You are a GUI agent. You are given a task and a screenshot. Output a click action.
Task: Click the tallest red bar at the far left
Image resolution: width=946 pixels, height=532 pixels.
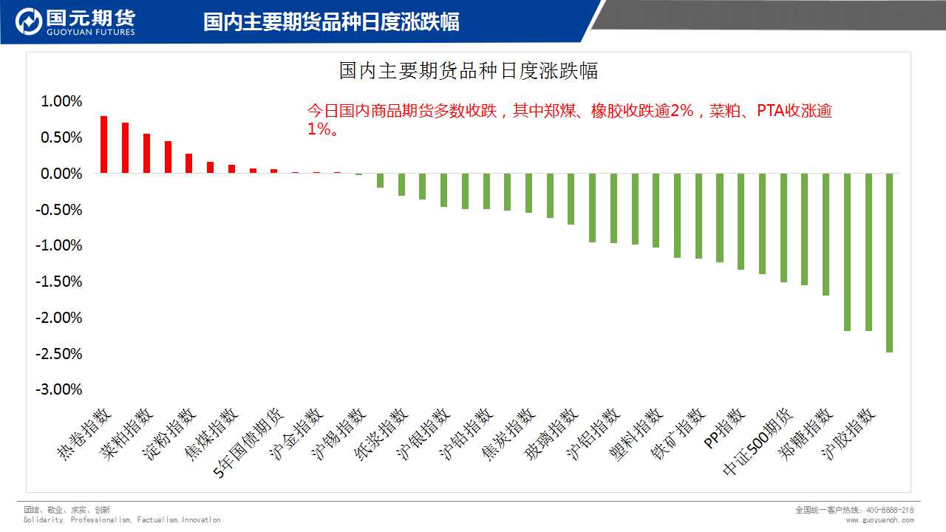104,145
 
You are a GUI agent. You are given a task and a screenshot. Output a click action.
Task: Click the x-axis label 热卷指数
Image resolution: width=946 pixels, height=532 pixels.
86,432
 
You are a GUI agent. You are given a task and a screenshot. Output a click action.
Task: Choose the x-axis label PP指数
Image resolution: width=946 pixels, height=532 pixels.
724,428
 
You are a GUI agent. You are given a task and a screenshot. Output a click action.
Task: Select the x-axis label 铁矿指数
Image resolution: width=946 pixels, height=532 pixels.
678,432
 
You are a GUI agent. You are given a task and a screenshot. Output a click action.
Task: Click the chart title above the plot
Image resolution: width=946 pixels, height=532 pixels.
468,71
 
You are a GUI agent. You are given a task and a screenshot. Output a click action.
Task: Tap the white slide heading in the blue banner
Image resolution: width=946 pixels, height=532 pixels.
331,21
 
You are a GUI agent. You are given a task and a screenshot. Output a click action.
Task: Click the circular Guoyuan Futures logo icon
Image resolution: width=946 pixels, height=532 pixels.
28,21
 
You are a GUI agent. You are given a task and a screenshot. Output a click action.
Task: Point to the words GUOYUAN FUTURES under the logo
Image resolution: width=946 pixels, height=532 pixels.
90,33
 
